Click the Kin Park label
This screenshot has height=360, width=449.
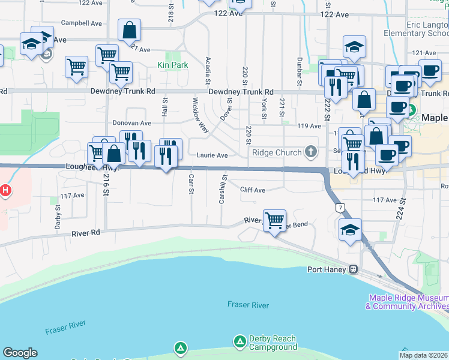click(x=172, y=65)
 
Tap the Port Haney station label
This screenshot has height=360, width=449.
click(x=328, y=269)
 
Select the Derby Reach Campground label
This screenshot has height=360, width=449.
click(x=265, y=343)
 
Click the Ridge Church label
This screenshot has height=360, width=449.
click(x=277, y=152)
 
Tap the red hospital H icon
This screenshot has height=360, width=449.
click(x=5, y=191)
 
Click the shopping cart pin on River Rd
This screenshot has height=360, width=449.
click(x=274, y=221)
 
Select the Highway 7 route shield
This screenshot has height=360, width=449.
click(x=340, y=208)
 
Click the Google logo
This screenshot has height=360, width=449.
click(x=20, y=353)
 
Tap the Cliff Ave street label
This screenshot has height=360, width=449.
click(x=252, y=190)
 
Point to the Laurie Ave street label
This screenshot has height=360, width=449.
click(x=212, y=155)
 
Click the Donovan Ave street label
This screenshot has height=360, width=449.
click(x=131, y=122)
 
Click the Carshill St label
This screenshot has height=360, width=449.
click(x=222, y=188)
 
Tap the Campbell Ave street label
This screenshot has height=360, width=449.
click(x=82, y=23)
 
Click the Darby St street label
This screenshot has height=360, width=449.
click(x=58, y=217)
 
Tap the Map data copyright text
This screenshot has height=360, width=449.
click(x=424, y=355)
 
